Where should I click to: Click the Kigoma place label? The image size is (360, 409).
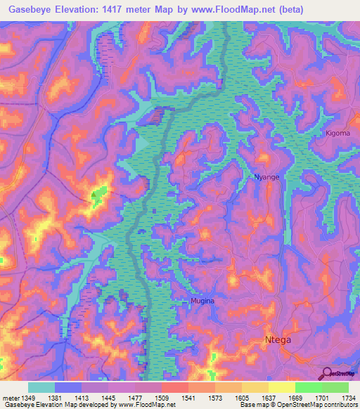tap(338, 133)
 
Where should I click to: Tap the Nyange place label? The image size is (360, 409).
tap(266, 177)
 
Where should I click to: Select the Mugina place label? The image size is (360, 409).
tap(202, 301)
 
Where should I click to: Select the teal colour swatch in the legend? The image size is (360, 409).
tap(41, 387)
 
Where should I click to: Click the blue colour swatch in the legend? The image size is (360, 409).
tap(67, 387)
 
